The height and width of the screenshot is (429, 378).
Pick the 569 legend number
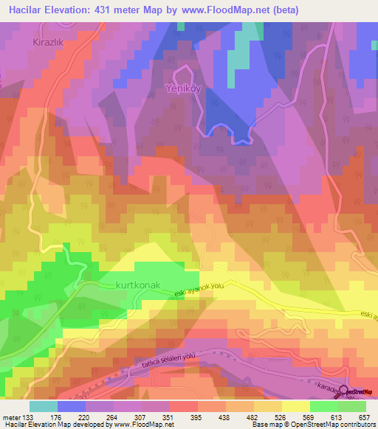(295, 416)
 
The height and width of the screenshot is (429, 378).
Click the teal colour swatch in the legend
(44, 406)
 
